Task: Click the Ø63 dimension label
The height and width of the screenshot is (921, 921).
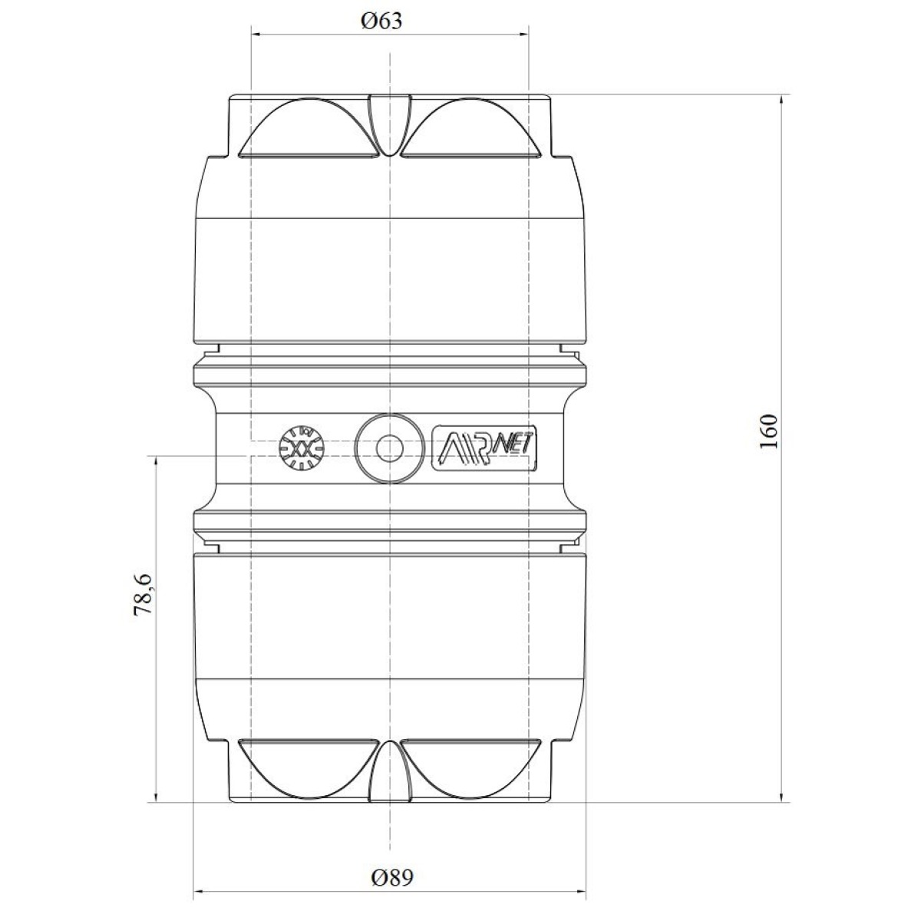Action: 381,21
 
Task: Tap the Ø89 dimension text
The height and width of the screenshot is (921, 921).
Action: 392,877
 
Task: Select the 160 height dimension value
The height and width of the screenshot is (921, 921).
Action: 768,431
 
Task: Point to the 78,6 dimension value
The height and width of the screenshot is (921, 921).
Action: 143,594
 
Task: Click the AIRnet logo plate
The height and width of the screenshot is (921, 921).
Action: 484,448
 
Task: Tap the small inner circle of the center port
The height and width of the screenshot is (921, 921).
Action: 390,448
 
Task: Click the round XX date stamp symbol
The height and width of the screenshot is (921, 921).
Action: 302,447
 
